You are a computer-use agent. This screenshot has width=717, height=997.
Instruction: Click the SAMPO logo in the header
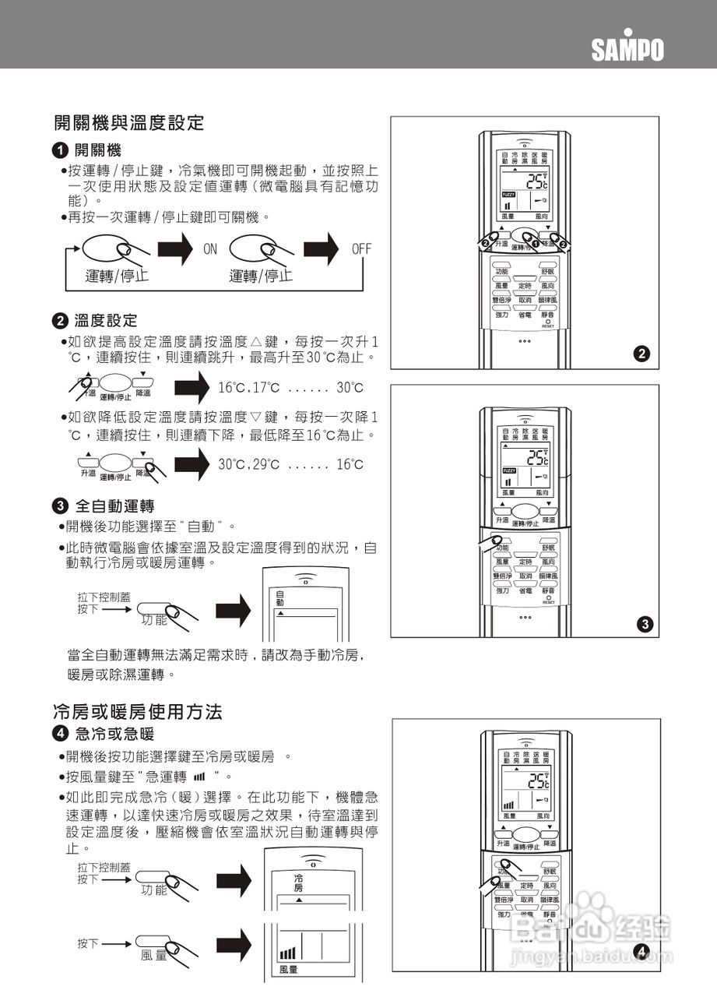tap(627, 49)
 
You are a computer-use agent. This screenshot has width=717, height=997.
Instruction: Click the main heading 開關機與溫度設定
tap(128, 122)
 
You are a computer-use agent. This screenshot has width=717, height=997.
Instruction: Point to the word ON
tap(210, 249)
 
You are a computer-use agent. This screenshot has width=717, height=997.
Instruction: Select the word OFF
tap(361, 249)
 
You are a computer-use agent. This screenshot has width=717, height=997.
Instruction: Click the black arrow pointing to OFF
tap(321, 249)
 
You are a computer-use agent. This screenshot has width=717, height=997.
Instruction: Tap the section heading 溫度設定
tap(105, 320)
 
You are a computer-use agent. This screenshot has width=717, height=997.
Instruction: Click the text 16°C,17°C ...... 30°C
tap(290, 388)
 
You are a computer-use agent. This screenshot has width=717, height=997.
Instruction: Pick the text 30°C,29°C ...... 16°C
tap(290, 464)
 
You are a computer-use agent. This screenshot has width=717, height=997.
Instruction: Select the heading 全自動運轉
tap(114, 506)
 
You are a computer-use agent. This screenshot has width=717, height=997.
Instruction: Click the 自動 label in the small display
tap(280, 599)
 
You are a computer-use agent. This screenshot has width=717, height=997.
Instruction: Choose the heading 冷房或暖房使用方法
tap(138, 712)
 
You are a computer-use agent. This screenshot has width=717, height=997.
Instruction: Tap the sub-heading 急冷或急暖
tap(114, 734)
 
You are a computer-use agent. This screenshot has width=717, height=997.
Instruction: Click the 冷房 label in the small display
tap(298, 883)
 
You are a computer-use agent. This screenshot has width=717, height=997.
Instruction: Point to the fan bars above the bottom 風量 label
tap(287, 953)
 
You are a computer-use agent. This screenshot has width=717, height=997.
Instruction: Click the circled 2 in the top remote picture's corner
tap(641, 354)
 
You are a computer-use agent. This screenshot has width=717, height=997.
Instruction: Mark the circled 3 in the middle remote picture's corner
tap(641, 624)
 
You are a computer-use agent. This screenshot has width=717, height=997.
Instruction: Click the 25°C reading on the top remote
tap(536, 182)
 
